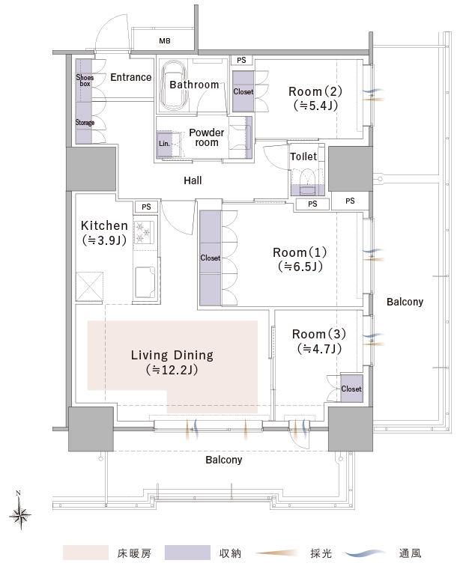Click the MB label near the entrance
point(165,41)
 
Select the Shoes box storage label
point(85,80)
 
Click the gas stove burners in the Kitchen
point(145,232)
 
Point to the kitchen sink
point(145,282)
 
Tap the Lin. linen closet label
point(164,144)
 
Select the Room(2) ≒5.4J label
point(315,99)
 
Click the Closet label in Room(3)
point(351,389)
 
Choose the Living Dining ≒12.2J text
point(172,362)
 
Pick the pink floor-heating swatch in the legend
point(85,553)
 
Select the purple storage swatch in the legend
point(187,553)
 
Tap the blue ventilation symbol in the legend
point(366,553)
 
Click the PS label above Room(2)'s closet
point(241,60)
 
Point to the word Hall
point(193,180)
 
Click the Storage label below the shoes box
point(85,122)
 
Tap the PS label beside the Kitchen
point(146,207)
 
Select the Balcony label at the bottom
point(224,460)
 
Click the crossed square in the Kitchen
point(89,287)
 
